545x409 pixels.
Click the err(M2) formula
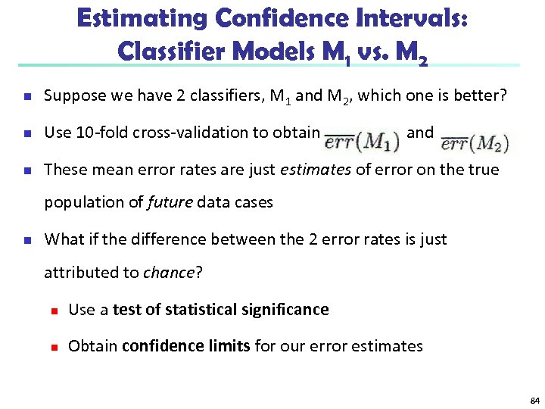click(x=475, y=142)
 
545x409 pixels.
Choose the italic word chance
click(x=168, y=272)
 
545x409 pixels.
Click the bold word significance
click(x=285, y=309)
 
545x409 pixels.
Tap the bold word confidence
click(x=160, y=346)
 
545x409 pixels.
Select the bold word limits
click(x=230, y=346)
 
